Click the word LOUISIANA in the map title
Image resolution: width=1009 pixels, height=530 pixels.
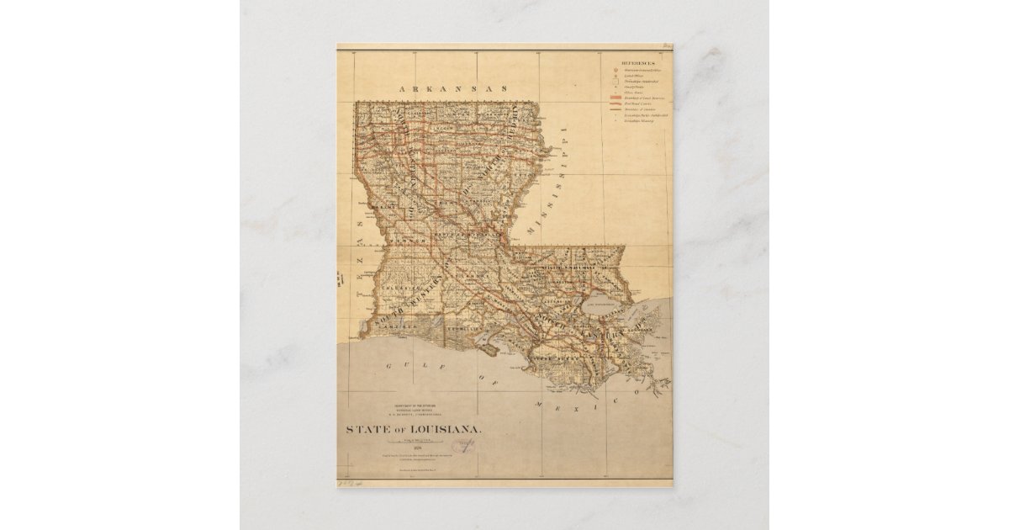tap(446, 429)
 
